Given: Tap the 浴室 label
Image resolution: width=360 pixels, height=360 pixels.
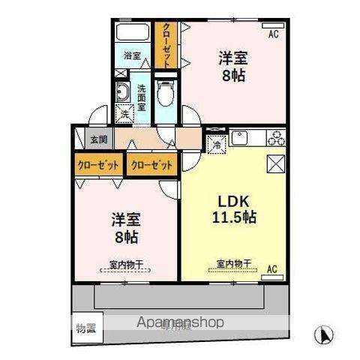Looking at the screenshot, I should click(132, 55).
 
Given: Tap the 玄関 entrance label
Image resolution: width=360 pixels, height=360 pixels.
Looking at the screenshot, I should click(98, 139).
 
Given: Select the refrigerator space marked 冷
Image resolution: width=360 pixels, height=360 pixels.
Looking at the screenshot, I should click(215, 144).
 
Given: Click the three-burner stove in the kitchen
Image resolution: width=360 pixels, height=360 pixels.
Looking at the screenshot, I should click(275, 138).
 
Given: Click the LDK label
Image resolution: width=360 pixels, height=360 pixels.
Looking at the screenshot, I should click(234, 201).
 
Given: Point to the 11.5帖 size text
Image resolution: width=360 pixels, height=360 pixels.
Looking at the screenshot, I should click(233, 217).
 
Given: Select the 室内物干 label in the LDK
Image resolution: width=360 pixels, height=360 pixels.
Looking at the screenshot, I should click(233, 263).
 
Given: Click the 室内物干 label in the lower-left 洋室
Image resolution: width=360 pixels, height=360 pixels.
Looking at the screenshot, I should click(126, 264).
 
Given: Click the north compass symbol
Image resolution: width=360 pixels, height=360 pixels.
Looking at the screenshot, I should click(325, 332).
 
